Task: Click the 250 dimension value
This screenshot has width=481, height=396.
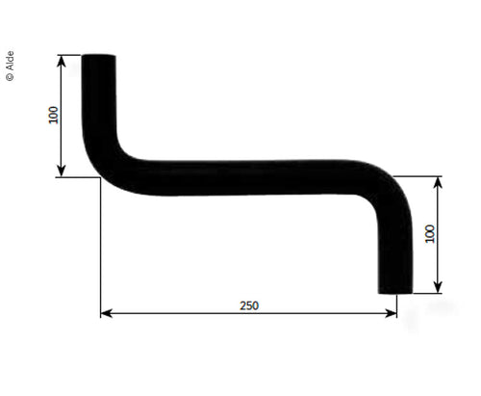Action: (248, 304)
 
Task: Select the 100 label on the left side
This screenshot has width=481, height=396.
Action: (52, 115)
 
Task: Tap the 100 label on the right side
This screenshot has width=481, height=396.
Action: (430, 233)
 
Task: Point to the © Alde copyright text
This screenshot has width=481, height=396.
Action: (11, 65)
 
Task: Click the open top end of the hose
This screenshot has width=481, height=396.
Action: (98, 57)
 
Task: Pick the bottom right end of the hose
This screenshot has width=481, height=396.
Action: (395, 290)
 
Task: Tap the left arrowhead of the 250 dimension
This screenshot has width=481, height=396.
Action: (105, 313)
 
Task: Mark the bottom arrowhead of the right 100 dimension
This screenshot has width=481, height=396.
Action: (439, 286)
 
